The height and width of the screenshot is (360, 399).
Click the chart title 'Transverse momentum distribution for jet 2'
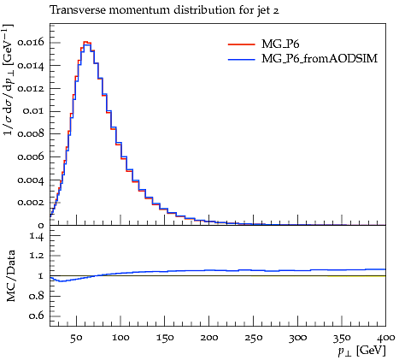point(164,11)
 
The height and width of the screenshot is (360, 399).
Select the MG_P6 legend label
point(280,44)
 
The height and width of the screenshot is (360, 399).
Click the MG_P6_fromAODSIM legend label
point(320,59)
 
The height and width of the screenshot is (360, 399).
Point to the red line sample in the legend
point(242,44)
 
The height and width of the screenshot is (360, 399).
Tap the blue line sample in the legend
point(242,59)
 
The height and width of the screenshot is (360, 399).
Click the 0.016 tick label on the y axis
point(31,43)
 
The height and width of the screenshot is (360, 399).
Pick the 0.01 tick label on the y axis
point(33,111)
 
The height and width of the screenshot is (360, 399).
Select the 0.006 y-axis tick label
point(31,156)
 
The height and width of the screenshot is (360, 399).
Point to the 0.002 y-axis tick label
point(31,203)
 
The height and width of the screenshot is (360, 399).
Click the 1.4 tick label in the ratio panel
point(37,236)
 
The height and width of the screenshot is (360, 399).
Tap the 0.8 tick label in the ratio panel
point(37,296)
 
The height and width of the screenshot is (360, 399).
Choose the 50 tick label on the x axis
point(76,338)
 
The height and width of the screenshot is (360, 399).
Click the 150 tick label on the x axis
point(165,338)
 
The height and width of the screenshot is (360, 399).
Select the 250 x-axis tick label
point(253,338)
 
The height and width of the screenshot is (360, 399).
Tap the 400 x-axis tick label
point(386,338)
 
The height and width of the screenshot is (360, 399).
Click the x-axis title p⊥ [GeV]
point(361,351)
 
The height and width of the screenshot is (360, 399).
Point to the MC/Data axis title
point(10,276)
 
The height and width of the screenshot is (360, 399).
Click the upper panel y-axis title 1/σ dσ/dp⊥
point(9,80)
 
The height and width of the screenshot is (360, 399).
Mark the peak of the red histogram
point(88,42)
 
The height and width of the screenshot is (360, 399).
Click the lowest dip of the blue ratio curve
point(61,281)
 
